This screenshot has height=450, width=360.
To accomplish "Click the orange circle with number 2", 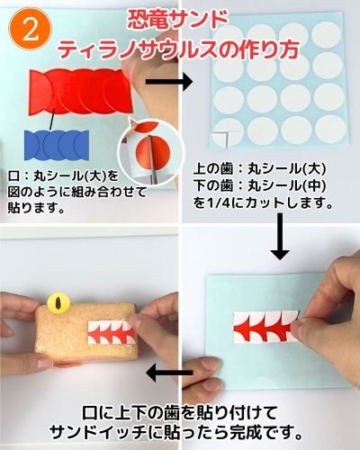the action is click(x=30, y=29).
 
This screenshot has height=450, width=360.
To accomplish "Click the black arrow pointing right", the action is click(x=169, y=81).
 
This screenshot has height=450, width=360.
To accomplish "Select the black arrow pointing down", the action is click(x=280, y=236).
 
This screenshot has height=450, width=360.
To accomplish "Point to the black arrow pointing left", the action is click(x=169, y=373).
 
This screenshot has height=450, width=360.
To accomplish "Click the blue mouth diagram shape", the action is click(x=57, y=145).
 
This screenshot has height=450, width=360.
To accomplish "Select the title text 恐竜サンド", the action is click(x=177, y=21).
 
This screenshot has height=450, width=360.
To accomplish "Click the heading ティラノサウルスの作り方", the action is click(x=179, y=49).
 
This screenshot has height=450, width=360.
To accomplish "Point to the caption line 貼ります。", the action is click(x=37, y=208).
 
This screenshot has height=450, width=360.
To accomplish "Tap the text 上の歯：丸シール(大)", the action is click(x=259, y=169).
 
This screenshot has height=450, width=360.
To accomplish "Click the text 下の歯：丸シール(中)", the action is click(x=259, y=186).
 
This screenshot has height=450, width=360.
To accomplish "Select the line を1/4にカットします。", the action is click(x=263, y=203).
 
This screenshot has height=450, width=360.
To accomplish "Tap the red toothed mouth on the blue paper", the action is click(x=266, y=326).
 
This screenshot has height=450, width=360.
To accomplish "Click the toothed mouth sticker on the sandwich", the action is click(x=112, y=332).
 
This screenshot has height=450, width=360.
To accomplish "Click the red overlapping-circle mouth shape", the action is click(x=81, y=92).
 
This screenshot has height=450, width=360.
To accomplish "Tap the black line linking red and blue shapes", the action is click(x=52, y=119).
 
